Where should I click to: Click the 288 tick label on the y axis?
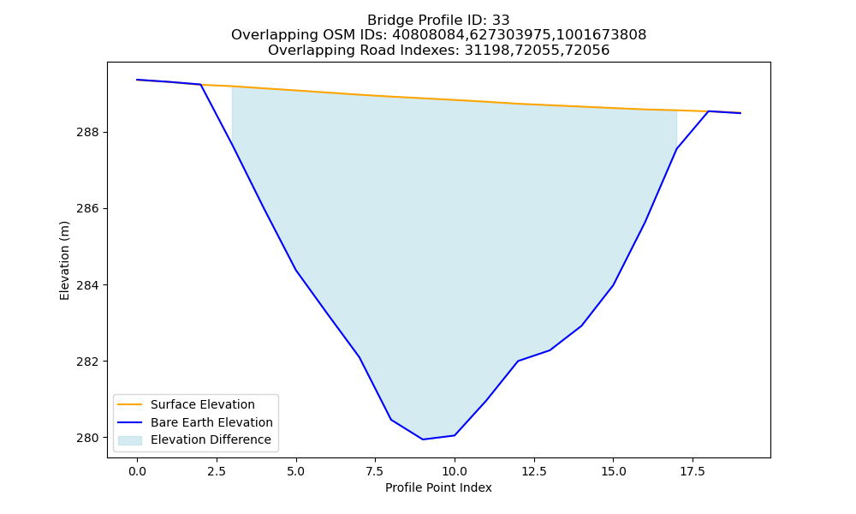coord(88,132)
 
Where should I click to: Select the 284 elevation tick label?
coord(88,285)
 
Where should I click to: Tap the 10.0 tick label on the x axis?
coord(455,471)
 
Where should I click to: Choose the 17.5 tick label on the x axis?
coord(693,471)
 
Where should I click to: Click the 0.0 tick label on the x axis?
coord(137,471)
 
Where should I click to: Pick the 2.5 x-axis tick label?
coord(217,471)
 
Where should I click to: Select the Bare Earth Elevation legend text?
coord(211,422)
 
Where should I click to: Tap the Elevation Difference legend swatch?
coord(130,440)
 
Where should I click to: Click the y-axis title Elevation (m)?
coord(64,260)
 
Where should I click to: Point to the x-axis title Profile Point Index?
coord(438,487)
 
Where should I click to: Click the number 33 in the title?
coord(501,21)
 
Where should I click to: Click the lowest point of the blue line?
coord(423,439)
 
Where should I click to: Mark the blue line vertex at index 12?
coord(518,361)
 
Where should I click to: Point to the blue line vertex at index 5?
coord(296,270)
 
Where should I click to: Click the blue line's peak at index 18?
coord(708,111)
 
